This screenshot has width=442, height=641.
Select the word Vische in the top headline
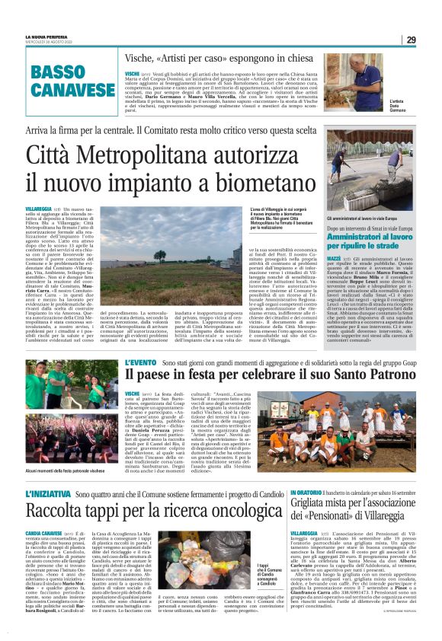pyautogui.click(x=139, y=59)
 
